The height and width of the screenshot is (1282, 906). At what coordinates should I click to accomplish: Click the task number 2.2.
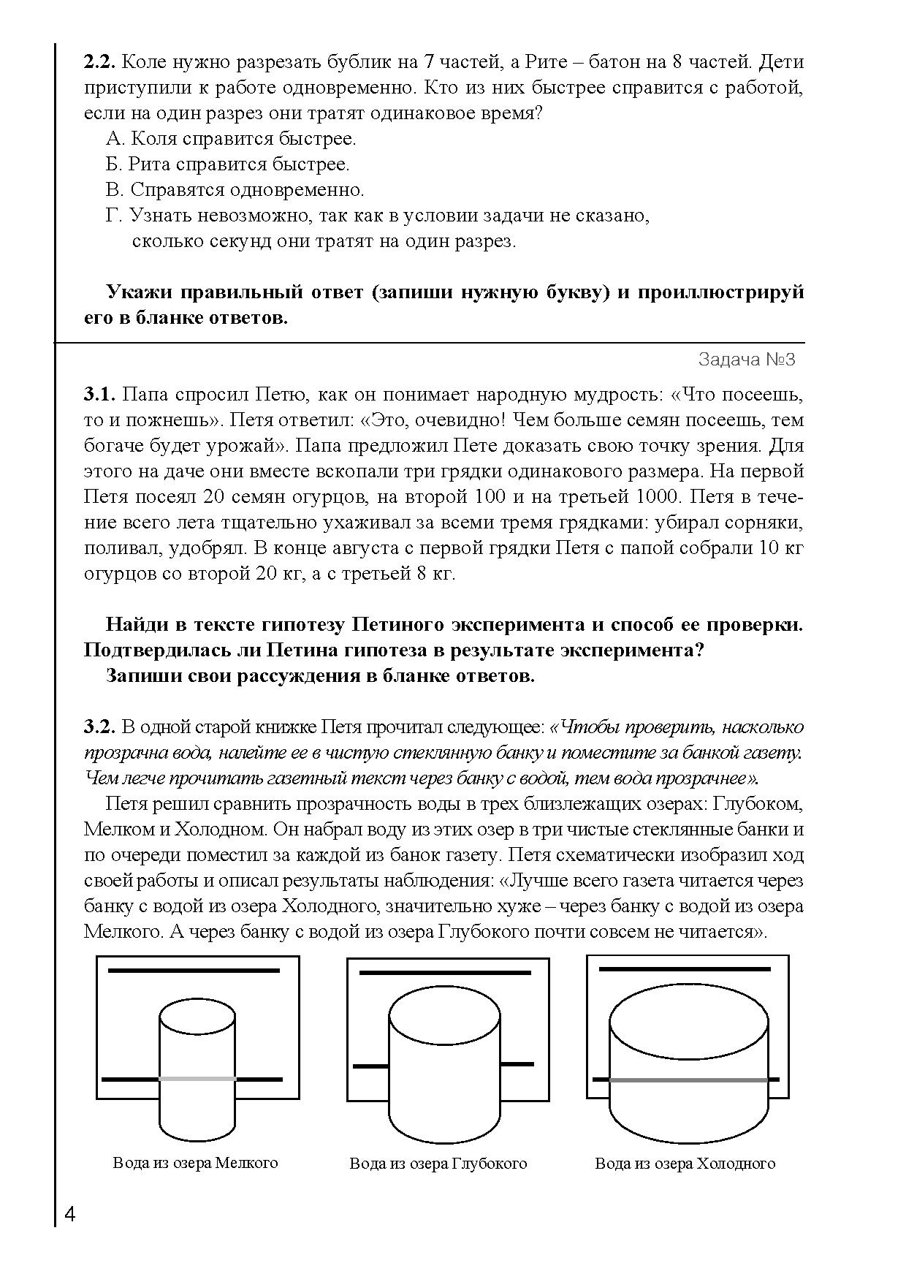pyautogui.click(x=99, y=63)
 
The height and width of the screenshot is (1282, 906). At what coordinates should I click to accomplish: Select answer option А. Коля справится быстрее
pyautogui.click(x=231, y=139)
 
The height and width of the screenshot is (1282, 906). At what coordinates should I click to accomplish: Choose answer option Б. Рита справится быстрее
pyautogui.click(x=227, y=164)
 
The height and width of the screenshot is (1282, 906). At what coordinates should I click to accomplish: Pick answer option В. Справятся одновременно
pyautogui.click(x=235, y=190)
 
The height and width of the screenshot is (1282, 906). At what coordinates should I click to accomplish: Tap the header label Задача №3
pyautogui.click(x=746, y=360)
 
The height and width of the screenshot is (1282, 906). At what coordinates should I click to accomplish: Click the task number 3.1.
pyautogui.click(x=99, y=395)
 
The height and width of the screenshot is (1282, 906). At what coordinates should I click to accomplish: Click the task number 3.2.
pyautogui.click(x=99, y=727)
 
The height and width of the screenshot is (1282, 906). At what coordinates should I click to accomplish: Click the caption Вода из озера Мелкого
pyautogui.click(x=196, y=1162)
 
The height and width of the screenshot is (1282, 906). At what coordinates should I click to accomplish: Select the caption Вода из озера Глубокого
pyautogui.click(x=438, y=1164)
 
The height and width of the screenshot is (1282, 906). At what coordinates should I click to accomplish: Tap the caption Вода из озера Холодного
pyautogui.click(x=685, y=1164)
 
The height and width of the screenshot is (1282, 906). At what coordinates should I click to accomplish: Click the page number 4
pyautogui.click(x=70, y=1215)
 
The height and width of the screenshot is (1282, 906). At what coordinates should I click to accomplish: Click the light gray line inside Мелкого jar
pyautogui.click(x=197, y=1079)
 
